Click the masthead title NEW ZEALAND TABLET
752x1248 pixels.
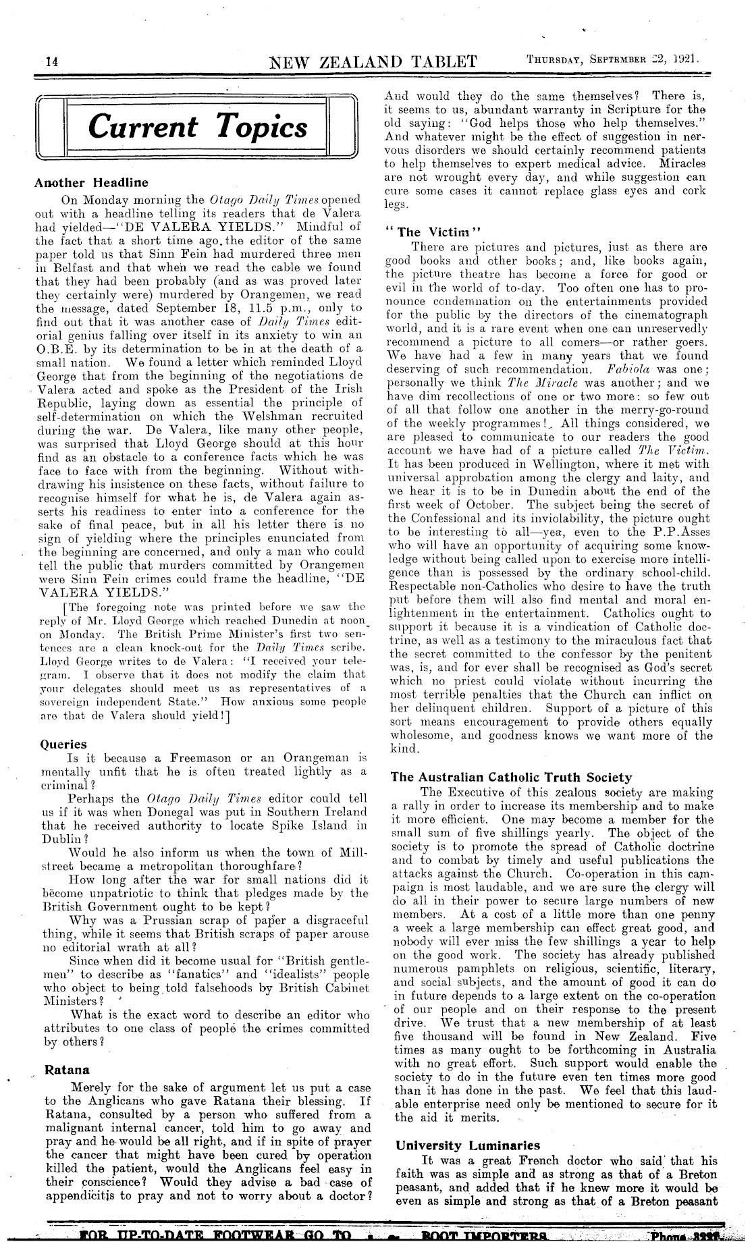374,62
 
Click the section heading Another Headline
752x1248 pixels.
91,182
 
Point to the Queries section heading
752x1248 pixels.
64,744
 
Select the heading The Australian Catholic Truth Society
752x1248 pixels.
512,777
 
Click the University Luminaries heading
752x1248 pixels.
468,1145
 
